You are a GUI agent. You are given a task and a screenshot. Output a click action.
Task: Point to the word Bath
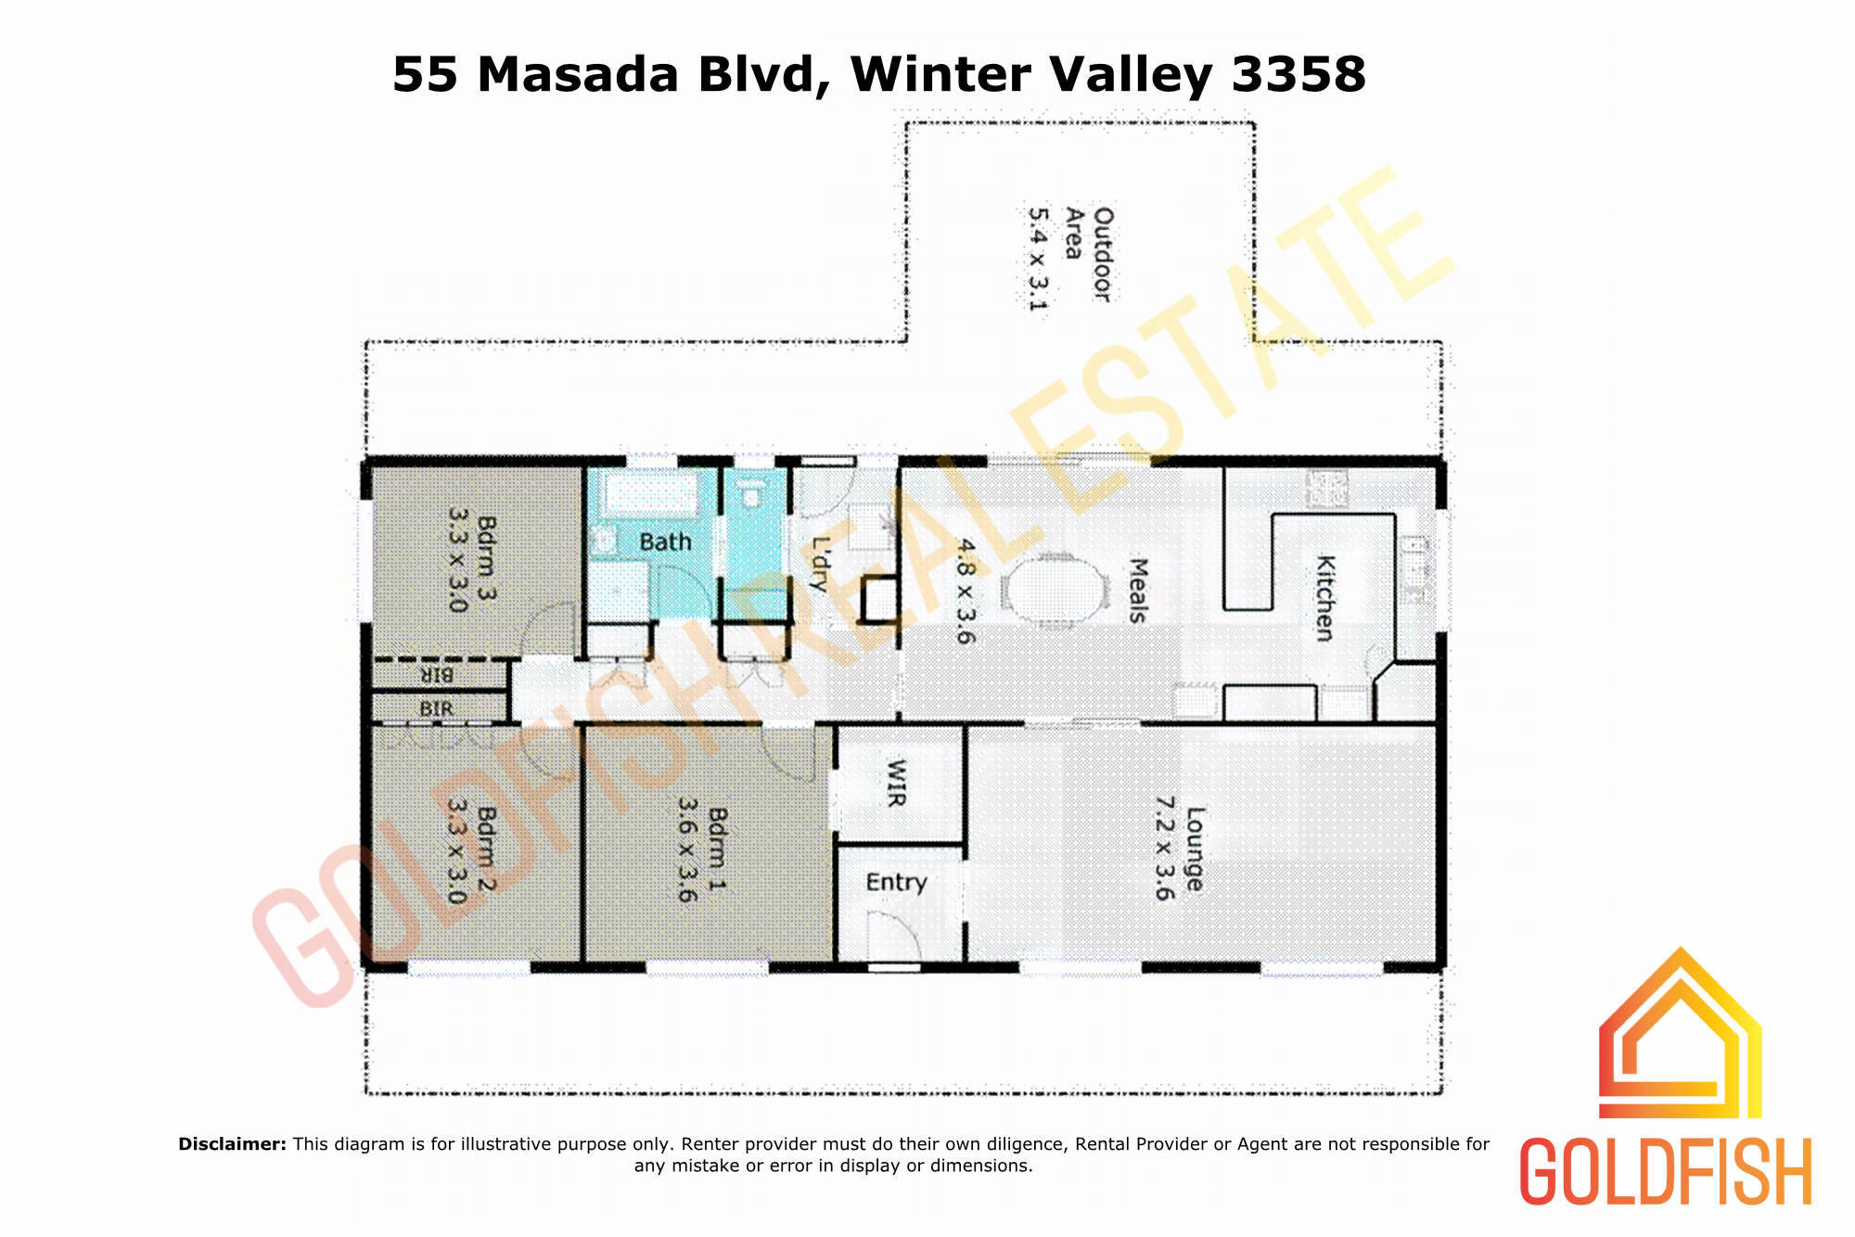click(665, 542)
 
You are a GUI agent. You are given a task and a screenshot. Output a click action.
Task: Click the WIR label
click(896, 783)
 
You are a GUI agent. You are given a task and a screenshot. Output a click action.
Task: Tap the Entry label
click(896, 882)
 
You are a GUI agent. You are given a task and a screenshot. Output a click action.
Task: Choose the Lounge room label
click(1196, 849)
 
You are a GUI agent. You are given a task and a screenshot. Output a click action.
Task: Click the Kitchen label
click(1324, 598)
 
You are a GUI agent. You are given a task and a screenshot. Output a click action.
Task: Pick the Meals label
click(1138, 590)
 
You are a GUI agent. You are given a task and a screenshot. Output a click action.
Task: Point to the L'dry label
click(820, 564)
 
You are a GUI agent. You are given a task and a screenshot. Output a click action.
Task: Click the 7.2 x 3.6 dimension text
click(1165, 848)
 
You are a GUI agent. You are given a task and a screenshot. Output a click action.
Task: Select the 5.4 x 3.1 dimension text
click(1038, 259)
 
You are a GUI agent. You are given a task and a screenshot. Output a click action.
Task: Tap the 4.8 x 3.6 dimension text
click(966, 591)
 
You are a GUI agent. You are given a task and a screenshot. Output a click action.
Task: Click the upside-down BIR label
click(437, 674)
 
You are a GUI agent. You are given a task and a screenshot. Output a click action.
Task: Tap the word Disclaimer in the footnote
click(232, 1143)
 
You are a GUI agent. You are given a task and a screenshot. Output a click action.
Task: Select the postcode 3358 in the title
click(1298, 74)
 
